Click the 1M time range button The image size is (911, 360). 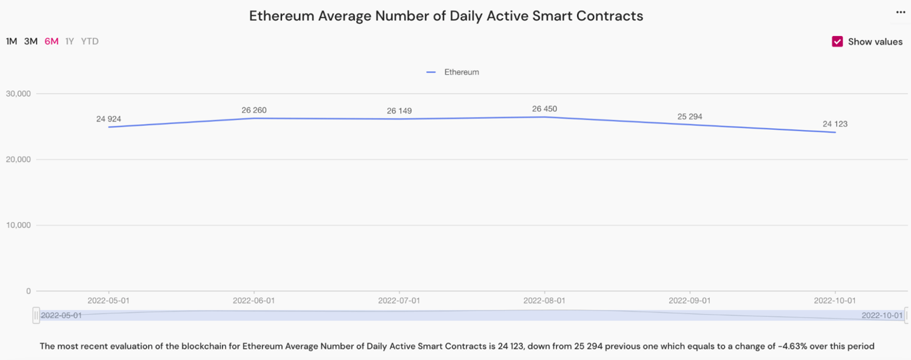pos(11,41)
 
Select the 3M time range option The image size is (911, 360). pos(31,41)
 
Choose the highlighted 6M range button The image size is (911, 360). pos(51,41)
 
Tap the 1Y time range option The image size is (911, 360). pos(69,41)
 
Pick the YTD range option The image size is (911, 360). pos(89,41)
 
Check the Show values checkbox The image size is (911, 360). pos(838,41)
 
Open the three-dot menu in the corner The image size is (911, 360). pos(900,12)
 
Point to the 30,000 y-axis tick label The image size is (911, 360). pos(18,93)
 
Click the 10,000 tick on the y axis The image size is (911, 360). pos(18,225)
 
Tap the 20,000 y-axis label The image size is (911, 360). pos(18,159)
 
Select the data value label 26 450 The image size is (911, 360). pos(544,109)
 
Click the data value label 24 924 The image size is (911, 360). pos(109,119)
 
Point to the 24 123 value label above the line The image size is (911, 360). pos(835,124)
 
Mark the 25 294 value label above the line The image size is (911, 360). pos(690,117)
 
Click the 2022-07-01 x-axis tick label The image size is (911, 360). pos(399,301)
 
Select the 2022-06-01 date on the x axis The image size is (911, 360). pos(253,301)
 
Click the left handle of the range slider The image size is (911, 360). pos(36,315)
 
